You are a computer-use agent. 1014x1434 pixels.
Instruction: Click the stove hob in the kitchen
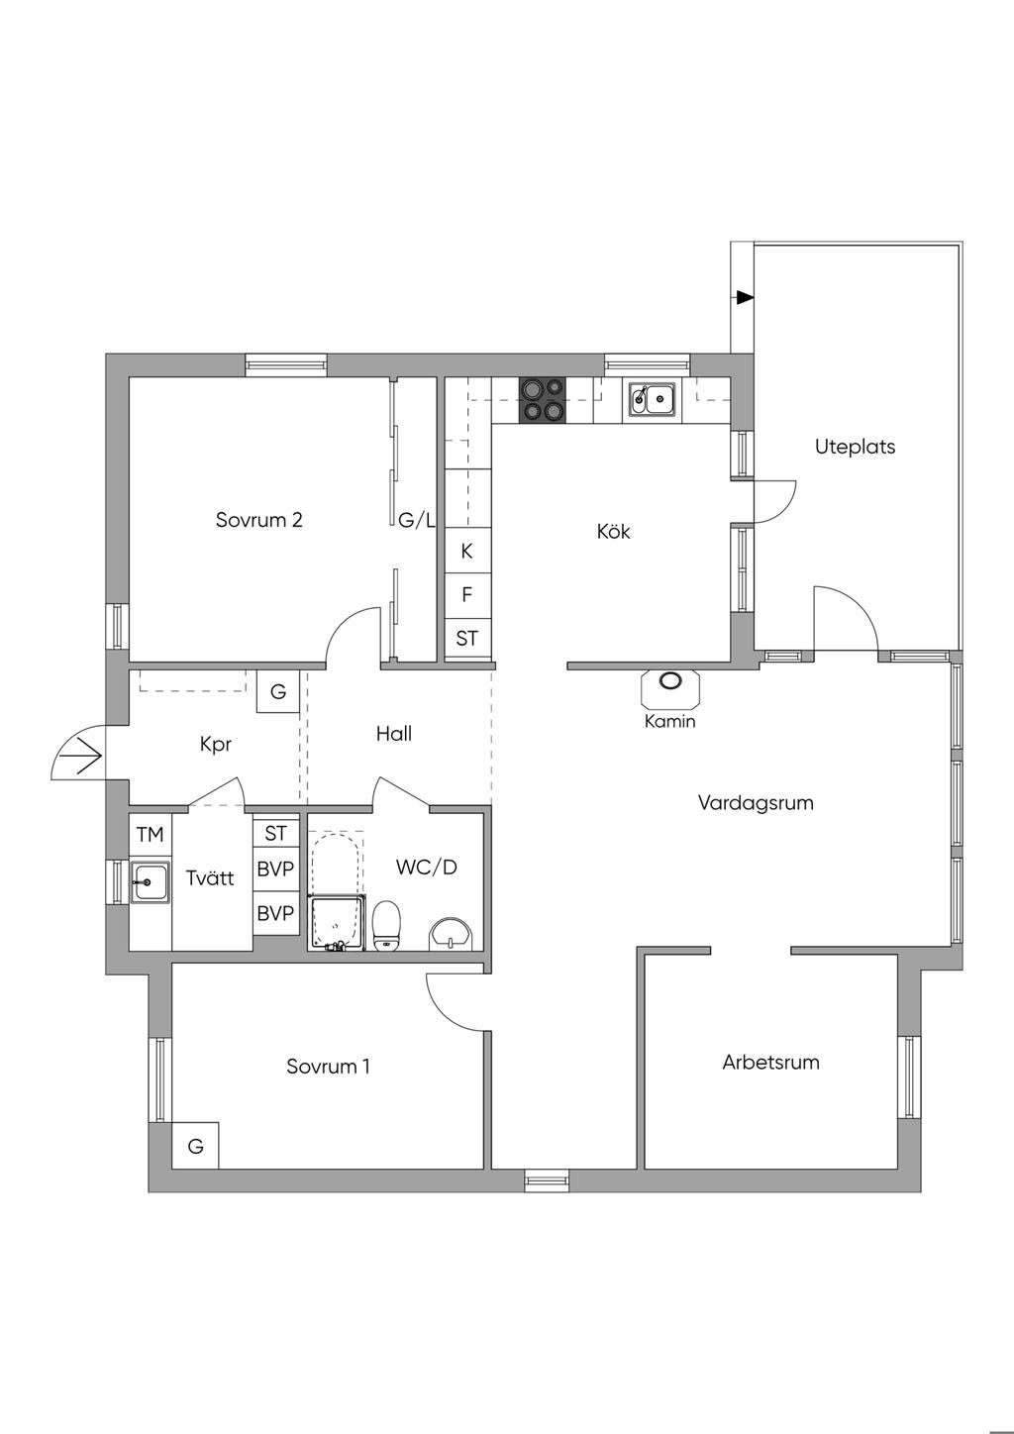(x=542, y=399)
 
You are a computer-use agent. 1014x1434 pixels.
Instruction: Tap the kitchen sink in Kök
(x=650, y=399)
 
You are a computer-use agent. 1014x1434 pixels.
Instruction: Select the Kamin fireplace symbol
(x=670, y=684)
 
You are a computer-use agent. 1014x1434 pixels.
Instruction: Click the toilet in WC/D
(x=386, y=924)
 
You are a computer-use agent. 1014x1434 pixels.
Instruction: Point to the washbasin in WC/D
(x=453, y=933)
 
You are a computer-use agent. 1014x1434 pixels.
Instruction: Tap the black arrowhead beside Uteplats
(x=745, y=297)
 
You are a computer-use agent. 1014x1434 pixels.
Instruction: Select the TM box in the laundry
(x=150, y=835)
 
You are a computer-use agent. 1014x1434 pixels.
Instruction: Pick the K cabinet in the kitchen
(x=467, y=552)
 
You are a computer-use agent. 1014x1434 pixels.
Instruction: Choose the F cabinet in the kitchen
(x=467, y=595)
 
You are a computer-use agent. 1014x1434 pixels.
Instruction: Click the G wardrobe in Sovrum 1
(x=196, y=1146)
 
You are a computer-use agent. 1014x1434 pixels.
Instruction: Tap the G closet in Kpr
(x=278, y=691)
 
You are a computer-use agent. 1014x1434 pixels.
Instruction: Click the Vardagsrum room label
(x=756, y=802)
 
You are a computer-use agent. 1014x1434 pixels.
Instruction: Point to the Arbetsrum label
(x=770, y=1063)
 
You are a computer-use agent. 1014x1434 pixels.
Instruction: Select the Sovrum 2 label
(x=258, y=520)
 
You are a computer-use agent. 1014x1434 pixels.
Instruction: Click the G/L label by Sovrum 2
(x=416, y=520)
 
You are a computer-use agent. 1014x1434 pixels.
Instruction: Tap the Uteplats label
(x=855, y=447)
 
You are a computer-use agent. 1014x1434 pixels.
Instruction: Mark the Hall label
(x=393, y=734)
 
